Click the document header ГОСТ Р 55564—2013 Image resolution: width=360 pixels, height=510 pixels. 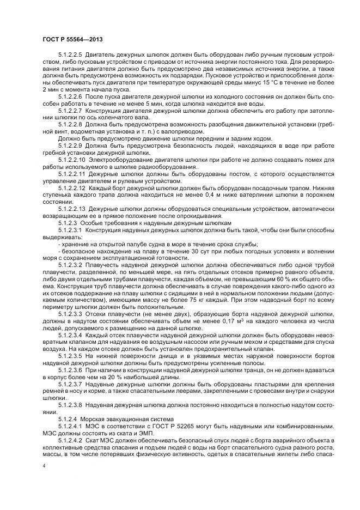click(72, 39)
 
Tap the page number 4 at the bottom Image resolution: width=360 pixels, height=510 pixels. click(44, 466)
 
